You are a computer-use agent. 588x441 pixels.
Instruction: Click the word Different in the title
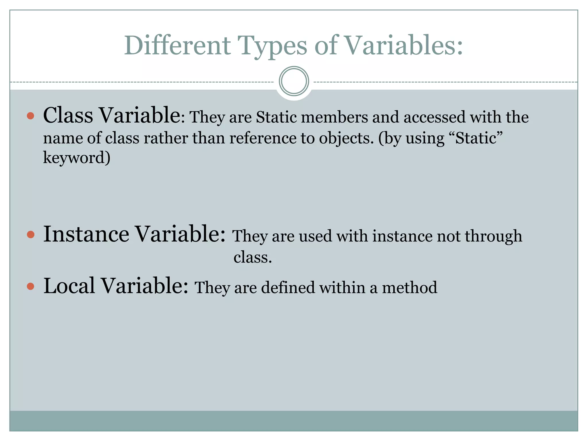tap(177, 45)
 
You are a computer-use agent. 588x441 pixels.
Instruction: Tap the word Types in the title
tap(273, 46)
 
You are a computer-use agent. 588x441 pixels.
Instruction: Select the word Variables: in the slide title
tap(403, 45)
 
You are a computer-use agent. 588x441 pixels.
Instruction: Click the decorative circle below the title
tap(294, 81)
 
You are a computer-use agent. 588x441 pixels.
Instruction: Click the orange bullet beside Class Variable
tap(30, 116)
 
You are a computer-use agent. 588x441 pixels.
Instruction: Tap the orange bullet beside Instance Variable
tap(30, 235)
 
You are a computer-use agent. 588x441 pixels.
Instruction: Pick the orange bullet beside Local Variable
tap(30, 286)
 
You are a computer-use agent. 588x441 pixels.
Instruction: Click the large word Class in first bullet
tap(68, 115)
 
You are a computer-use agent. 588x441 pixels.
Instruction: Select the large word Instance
tap(86, 234)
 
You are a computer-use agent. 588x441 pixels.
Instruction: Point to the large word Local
tap(69, 286)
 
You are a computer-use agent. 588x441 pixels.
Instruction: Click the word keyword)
tap(77, 158)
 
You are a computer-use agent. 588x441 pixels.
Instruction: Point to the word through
tap(493, 236)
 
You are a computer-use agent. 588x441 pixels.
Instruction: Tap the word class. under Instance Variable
tap(252, 257)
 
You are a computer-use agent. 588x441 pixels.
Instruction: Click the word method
tap(409, 287)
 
